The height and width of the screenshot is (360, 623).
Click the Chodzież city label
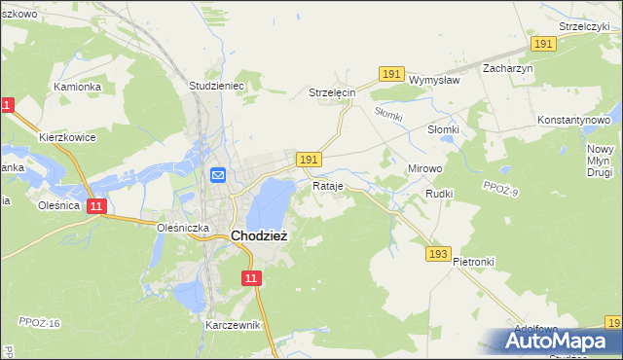click(259, 234)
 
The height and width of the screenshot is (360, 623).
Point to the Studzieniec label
click(215, 86)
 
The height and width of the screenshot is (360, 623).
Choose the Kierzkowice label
click(67, 137)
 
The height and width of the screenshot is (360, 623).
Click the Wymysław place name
click(434, 80)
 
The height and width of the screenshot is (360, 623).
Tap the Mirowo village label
click(424, 168)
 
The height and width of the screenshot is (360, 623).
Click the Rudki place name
click(440, 194)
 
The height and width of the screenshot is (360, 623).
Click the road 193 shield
click(438, 254)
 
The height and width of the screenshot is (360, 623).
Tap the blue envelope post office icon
click(218, 175)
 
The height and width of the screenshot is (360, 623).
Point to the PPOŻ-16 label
click(39, 322)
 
